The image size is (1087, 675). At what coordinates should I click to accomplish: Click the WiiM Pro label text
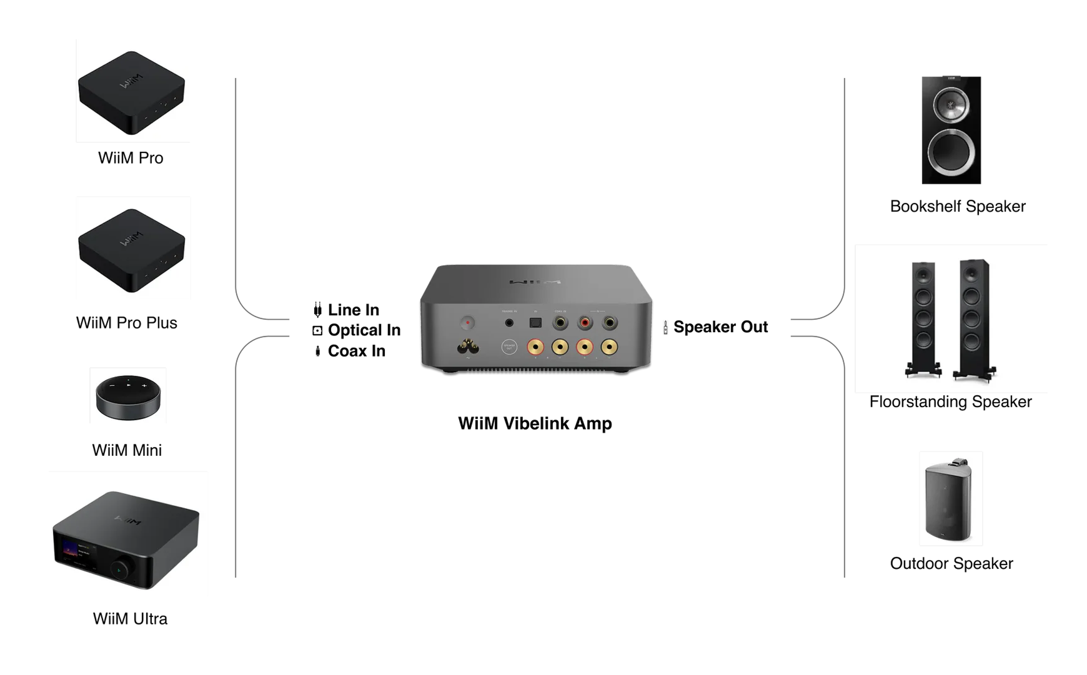(131, 158)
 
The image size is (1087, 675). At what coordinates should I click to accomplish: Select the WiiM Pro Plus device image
(131, 250)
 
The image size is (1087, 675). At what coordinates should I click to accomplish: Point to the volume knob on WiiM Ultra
(120, 569)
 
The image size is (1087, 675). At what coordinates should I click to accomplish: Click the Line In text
(353, 310)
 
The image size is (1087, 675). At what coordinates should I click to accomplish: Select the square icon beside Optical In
(317, 330)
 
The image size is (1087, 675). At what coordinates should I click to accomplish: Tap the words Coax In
(356, 351)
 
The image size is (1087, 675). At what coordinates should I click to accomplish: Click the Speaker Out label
(720, 327)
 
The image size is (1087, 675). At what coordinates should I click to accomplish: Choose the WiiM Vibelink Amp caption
(535, 423)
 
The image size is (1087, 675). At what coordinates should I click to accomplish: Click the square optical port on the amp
(535, 323)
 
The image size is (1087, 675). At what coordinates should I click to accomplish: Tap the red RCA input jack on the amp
(585, 323)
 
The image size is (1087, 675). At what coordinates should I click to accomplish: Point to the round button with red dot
(467, 323)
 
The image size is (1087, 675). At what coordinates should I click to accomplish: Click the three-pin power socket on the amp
(468, 347)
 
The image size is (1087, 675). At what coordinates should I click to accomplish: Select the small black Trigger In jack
(509, 323)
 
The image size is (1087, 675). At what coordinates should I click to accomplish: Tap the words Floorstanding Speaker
(950, 402)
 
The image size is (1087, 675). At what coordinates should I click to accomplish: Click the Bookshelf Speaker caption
(957, 206)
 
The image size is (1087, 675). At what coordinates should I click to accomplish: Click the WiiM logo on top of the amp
(535, 282)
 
